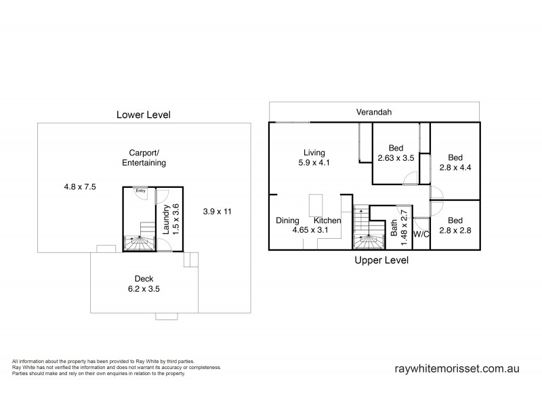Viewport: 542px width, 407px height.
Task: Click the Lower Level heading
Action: [143, 115]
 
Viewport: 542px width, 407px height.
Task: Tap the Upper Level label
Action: [381, 260]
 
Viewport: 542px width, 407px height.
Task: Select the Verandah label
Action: [374, 112]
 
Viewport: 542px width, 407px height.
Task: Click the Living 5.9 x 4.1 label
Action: [314, 157]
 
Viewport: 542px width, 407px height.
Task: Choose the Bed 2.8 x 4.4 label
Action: [455, 160]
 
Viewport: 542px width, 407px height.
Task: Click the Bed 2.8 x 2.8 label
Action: [455, 225]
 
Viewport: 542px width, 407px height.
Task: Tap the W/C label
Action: [421, 235]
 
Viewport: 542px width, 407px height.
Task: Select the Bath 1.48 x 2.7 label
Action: [399, 222]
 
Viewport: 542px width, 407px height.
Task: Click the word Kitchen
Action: [327, 220]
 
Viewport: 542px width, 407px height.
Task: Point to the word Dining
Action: [288, 220]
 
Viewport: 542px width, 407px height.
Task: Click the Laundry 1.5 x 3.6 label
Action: [171, 219]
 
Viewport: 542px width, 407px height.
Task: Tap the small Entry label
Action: [140, 191]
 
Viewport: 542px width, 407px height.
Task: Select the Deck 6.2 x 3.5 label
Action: [143, 284]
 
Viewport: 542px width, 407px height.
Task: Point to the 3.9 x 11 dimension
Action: [217, 212]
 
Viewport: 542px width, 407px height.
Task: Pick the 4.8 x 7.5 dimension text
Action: [80, 186]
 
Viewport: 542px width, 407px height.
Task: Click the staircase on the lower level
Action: [139, 237]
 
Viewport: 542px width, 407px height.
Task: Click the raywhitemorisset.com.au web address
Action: [456, 370]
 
